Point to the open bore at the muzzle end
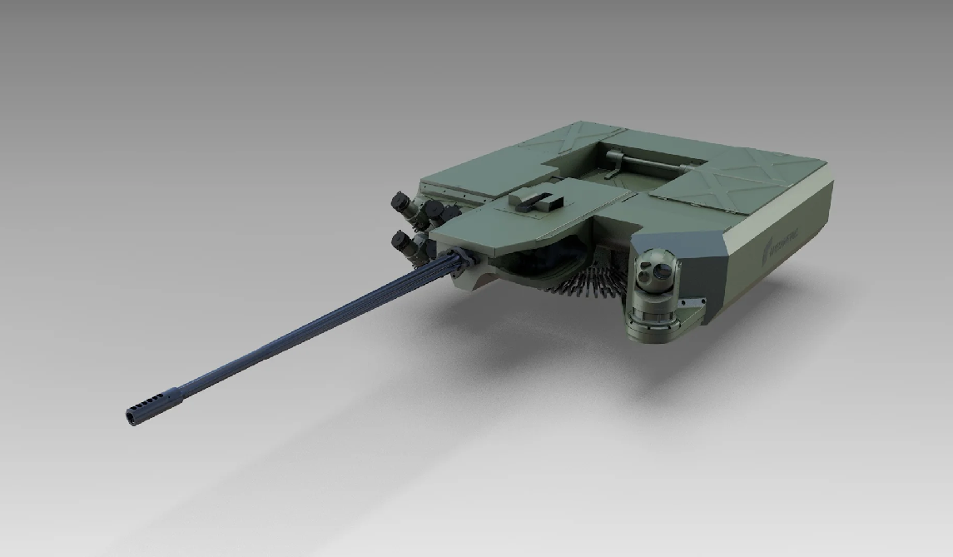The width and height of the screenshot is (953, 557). (x=131, y=415)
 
